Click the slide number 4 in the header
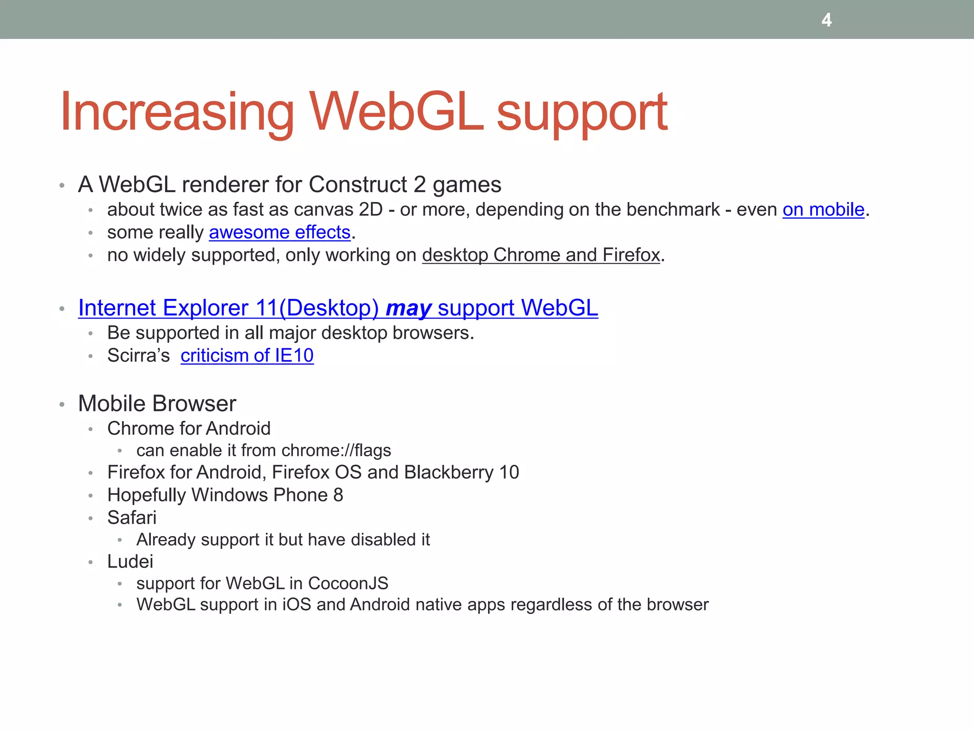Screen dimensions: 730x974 [x=827, y=20]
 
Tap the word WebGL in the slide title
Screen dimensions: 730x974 [x=397, y=112]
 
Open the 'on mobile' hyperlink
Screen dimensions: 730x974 [x=823, y=210]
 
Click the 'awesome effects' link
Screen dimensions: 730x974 [x=280, y=232]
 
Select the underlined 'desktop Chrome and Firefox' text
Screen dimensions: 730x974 [x=541, y=255]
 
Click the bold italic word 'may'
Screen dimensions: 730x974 [x=409, y=308]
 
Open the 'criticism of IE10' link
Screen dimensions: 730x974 [x=247, y=355]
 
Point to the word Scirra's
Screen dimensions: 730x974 [x=138, y=355]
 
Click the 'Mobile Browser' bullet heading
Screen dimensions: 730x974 [x=157, y=404]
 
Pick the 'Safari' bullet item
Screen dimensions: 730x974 [x=132, y=518]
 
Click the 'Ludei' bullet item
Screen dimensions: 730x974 [x=130, y=562]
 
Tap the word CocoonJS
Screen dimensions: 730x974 [x=348, y=584]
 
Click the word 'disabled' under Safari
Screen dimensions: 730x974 [x=375, y=540]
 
